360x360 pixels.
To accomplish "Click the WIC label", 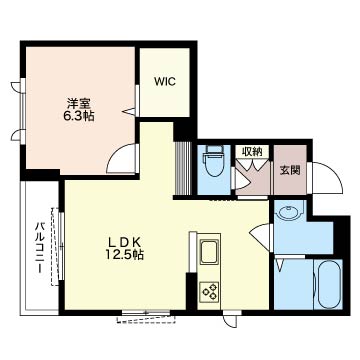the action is coord(164,82).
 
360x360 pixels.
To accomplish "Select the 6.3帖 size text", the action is coord(79,116).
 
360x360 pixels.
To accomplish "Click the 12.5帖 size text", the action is coord(125,255).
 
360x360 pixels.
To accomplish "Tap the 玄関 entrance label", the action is coord(290,170).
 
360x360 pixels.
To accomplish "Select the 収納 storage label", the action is coord(252,152).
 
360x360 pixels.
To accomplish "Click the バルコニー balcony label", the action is coord(40,249).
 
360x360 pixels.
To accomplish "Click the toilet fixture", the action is coord(214,162).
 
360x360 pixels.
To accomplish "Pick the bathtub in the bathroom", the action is coord(328,284).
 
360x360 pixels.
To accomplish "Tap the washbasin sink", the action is coord(289,212).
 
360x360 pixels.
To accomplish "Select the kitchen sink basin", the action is coord(209,252).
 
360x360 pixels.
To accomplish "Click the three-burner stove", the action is coord(209,291).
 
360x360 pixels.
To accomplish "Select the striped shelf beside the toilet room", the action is coord(183,168).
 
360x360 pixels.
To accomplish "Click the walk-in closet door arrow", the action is coord(129,112).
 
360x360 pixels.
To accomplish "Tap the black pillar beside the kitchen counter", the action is coord(191,291).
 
